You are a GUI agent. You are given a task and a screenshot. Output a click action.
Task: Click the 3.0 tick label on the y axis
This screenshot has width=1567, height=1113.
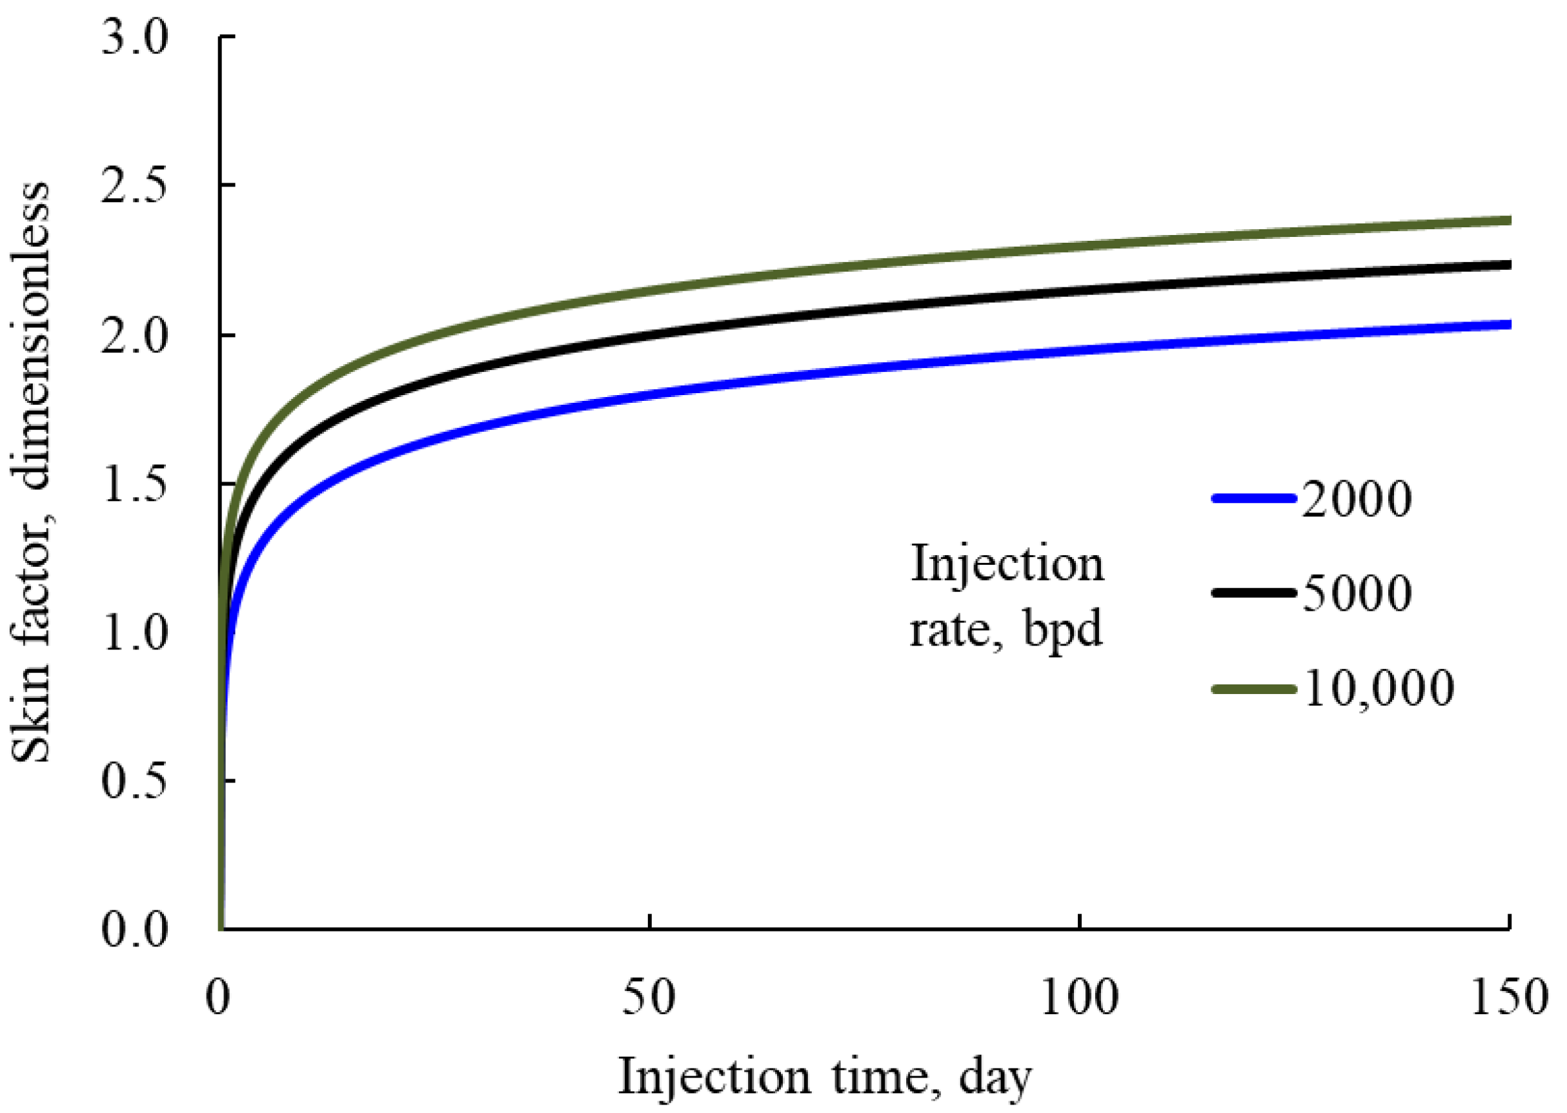click(134, 37)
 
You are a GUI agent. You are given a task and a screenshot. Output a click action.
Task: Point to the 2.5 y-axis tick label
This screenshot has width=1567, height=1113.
click(134, 186)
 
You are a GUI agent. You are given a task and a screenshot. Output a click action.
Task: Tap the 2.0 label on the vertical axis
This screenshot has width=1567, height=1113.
click(134, 336)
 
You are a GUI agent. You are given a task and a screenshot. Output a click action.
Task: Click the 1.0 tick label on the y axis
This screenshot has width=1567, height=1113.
click(134, 632)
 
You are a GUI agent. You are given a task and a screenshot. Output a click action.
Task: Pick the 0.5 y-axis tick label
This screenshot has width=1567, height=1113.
click(134, 781)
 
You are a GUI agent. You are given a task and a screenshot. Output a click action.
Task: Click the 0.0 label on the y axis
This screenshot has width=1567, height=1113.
click(134, 930)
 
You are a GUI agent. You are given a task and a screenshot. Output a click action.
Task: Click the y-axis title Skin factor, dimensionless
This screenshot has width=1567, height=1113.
click(31, 473)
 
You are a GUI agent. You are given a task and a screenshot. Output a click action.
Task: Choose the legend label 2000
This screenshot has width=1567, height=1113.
click(1356, 499)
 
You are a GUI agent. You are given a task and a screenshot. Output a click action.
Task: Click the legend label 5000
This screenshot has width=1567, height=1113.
click(1356, 593)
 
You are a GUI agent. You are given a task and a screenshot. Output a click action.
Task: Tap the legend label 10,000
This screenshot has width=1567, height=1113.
click(1377, 688)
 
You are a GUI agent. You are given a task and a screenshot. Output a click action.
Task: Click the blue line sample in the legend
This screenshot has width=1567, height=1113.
click(1254, 499)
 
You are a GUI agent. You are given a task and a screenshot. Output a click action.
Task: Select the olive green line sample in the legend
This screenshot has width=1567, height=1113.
click(1254, 689)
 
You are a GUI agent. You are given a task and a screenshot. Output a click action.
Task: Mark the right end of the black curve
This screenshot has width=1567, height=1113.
click(1507, 265)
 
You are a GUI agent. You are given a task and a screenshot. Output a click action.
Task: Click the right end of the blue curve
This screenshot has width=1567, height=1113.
click(1507, 324)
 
